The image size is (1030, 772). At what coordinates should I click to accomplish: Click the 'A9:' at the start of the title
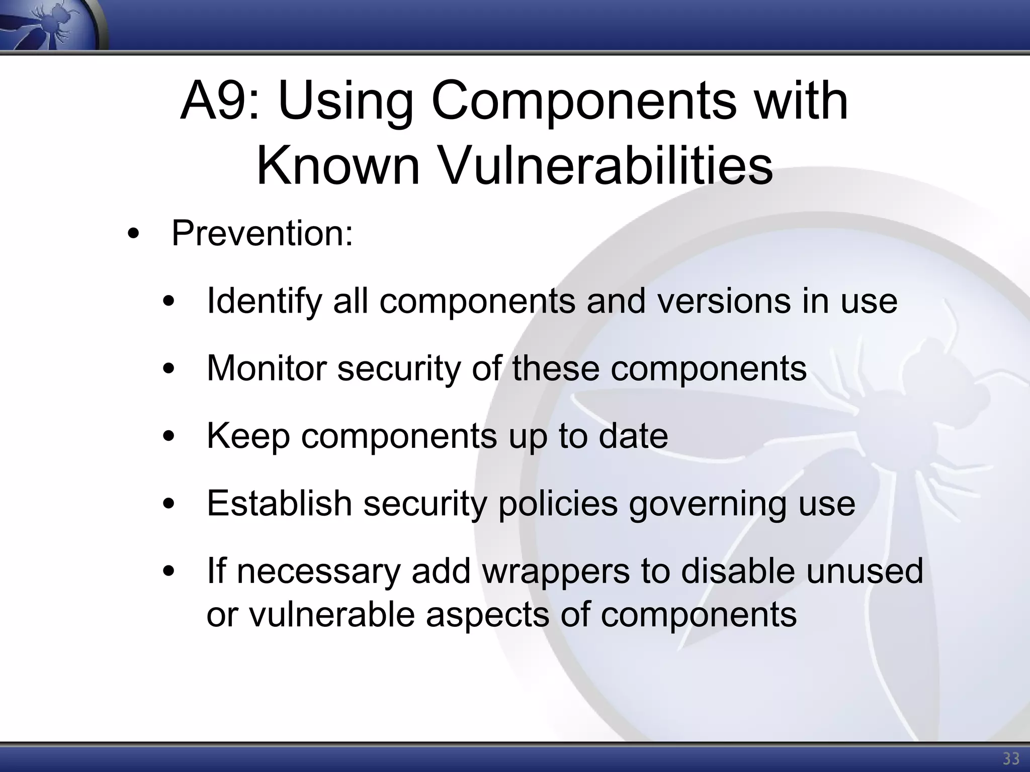click(220, 102)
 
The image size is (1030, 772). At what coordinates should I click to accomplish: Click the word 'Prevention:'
click(262, 233)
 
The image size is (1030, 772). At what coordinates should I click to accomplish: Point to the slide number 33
click(1011, 758)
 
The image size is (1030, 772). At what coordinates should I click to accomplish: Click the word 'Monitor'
click(267, 368)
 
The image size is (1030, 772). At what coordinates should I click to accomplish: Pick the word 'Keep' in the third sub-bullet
click(248, 436)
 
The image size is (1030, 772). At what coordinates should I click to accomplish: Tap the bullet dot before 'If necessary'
click(169, 571)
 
